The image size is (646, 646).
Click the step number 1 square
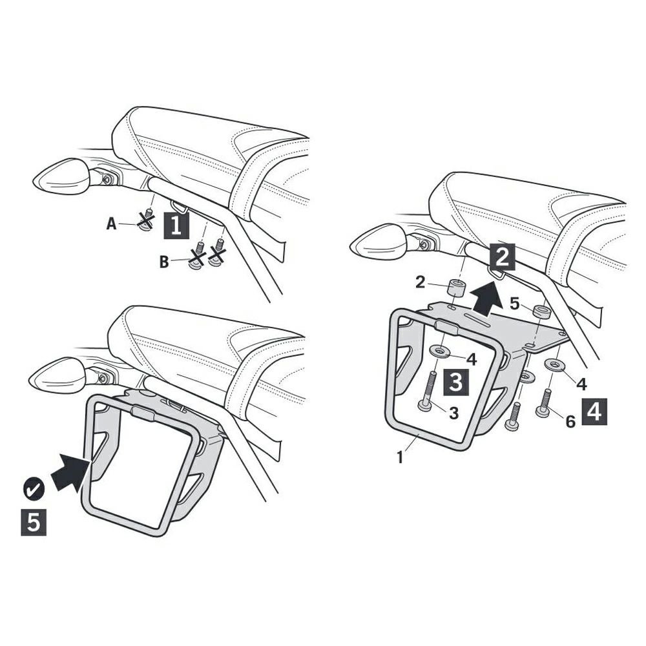[176, 225]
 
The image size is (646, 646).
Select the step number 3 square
[455, 382]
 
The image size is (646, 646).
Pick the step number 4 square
[594, 412]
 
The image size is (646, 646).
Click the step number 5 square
[34, 523]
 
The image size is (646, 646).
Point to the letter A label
[111, 224]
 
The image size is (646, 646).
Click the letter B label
[164, 262]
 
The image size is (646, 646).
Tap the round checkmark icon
[34, 489]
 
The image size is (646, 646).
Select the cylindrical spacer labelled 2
[455, 287]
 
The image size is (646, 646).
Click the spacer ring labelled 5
[541, 311]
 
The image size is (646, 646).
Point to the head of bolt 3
[426, 406]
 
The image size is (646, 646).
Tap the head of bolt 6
[544, 410]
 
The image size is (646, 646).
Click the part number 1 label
[400, 457]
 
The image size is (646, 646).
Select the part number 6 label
[570, 421]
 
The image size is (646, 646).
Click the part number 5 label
[515, 304]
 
